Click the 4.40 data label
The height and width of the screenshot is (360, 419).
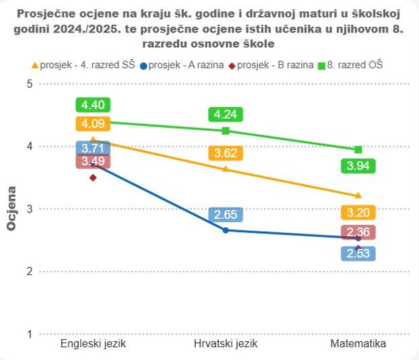click(93, 104)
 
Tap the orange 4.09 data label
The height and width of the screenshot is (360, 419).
click(93, 123)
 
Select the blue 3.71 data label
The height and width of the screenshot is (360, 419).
click(93, 148)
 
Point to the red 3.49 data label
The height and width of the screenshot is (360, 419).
click(93, 161)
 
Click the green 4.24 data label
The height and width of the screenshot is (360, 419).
click(226, 114)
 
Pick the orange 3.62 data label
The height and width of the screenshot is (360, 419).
click(226, 153)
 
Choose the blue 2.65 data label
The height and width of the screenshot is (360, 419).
click(226, 214)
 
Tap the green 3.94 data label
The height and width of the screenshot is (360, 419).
click(358, 165)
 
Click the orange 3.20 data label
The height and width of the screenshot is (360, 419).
click(358, 212)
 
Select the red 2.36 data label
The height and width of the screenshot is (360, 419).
click(358, 232)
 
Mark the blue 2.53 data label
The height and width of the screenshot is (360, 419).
click(358, 253)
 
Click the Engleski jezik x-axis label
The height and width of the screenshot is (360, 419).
click(93, 344)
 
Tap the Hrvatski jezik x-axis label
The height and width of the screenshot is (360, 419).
click(226, 344)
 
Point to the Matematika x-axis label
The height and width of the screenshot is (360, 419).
click(358, 344)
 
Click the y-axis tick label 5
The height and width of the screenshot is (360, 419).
click(29, 84)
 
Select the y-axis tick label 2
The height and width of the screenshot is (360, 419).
click(29, 272)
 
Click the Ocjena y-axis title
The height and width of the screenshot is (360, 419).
click(11, 209)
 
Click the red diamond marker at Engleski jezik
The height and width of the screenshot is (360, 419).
click(93, 177)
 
